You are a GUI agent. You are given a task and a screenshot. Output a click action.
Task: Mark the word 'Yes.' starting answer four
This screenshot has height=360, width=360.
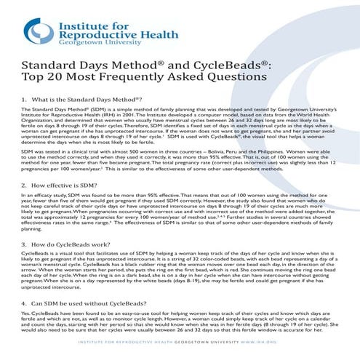[25, 312]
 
